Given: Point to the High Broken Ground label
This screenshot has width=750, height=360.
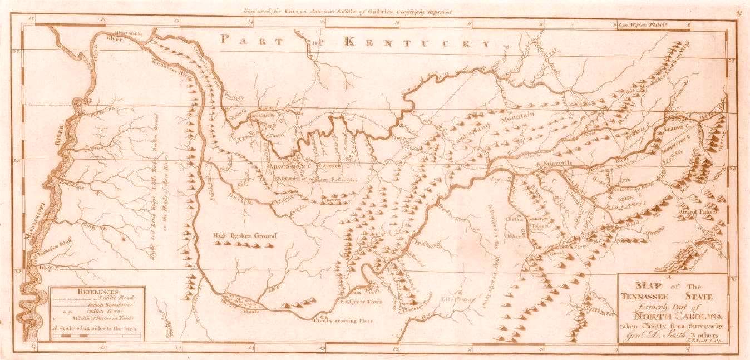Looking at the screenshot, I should (x=245, y=235).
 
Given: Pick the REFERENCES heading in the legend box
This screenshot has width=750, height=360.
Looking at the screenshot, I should (x=96, y=292).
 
